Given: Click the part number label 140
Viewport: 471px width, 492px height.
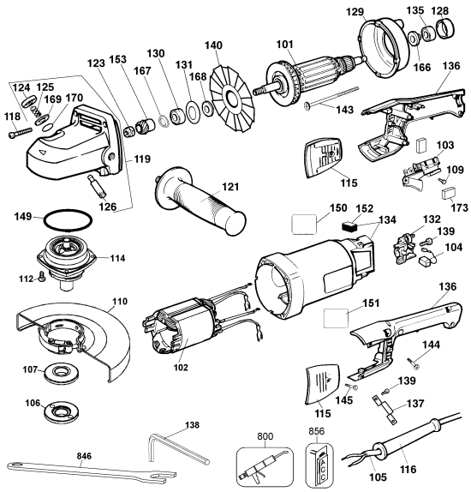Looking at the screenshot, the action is (213, 45).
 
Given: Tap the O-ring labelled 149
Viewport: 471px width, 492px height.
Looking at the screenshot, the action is (68, 220).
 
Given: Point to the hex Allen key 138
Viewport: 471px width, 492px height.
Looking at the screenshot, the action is (178, 450).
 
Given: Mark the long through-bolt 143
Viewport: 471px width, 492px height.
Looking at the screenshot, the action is (331, 98).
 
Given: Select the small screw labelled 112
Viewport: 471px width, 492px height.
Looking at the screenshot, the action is (41, 276).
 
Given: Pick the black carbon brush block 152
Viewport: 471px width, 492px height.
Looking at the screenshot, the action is (348, 226).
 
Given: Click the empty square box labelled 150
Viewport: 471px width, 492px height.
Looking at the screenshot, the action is (304, 225).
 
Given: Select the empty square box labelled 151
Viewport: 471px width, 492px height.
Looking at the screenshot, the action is (336, 318).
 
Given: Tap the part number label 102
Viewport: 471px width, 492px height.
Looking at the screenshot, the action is (181, 367).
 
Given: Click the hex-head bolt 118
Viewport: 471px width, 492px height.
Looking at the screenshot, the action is (20, 132).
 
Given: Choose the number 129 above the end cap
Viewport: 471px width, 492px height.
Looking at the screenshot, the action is (355, 12).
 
